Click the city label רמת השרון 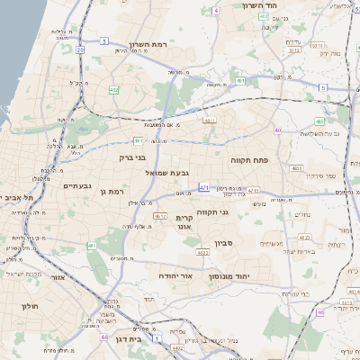pyautogui.click(x=149, y=44)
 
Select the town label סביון pyautogui.click(x=224, y=243)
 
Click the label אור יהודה pyautogui.click(x=176, y=274)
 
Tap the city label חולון pyautogui.click(x=30, y=306)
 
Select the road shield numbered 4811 pyautogui.click(x=210, y=119)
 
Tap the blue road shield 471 pyautogui.click(x=204, y=187)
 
